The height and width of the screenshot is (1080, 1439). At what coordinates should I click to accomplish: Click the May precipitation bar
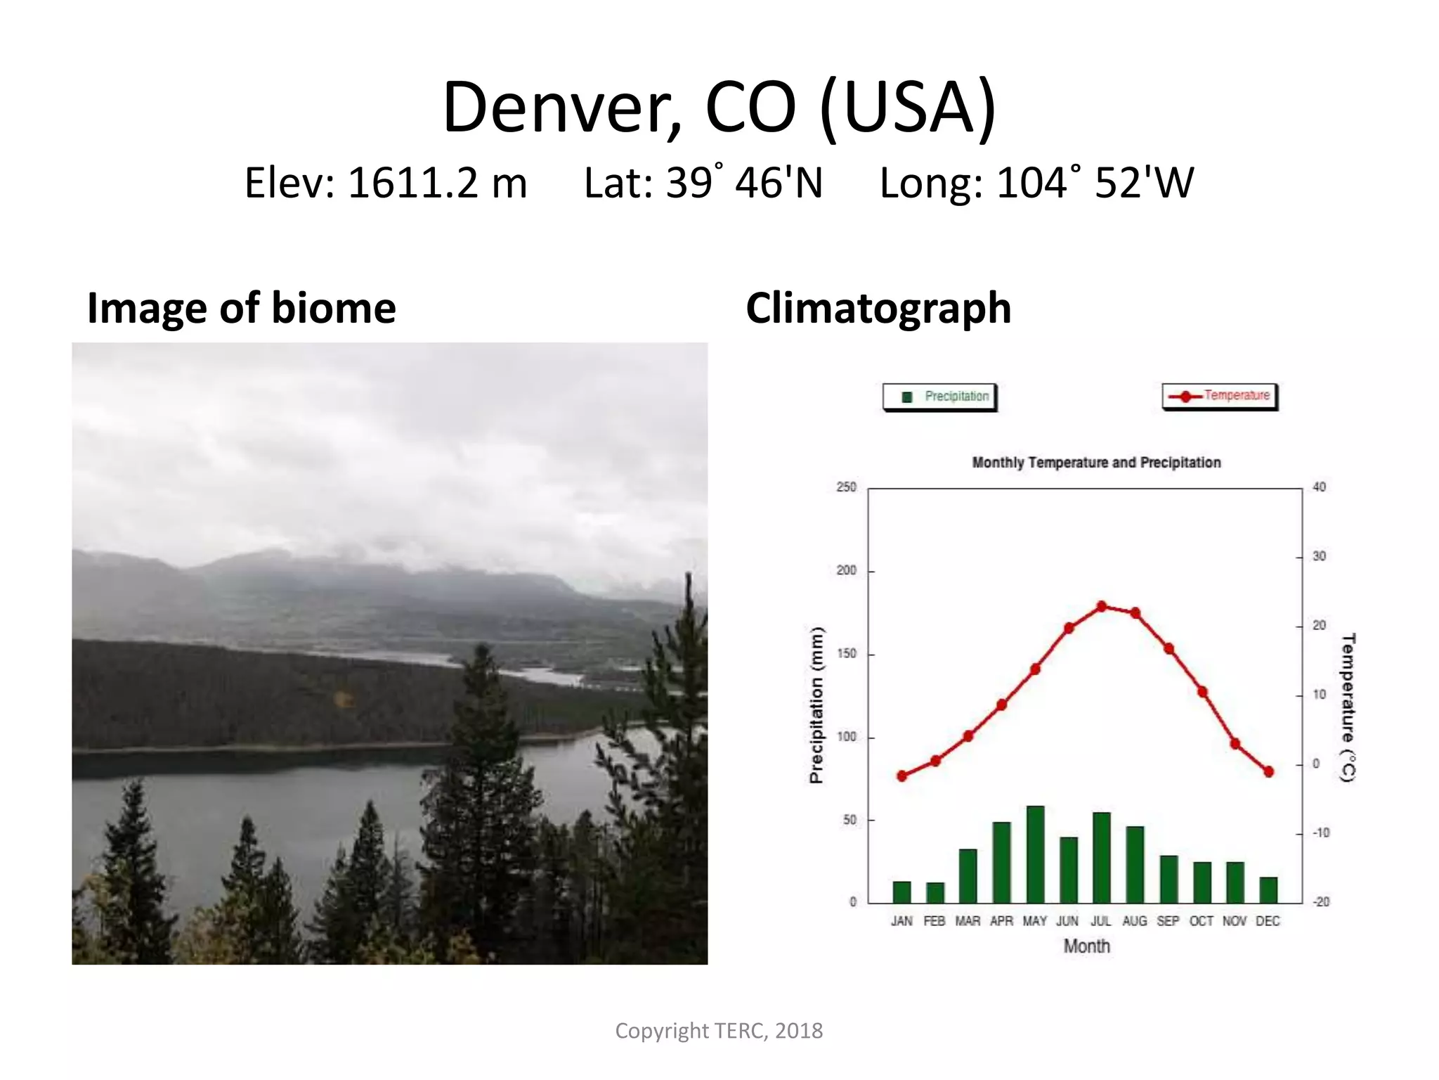pyautogui.click(x=1035, y=854)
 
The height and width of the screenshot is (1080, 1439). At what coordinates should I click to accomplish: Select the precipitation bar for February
pyautogui.click(x=935, y=892)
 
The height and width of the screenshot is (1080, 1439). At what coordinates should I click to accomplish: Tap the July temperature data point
pyautogui.click(x=1102, y=606)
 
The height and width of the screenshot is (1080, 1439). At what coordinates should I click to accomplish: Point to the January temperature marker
pyautogui.click(x=902, y=776)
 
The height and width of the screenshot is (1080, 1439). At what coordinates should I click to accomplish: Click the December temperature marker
pyautogui.click(x=1269, y=772)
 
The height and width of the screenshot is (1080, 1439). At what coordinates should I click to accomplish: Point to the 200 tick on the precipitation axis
pyautogui.click(x=847, y=570)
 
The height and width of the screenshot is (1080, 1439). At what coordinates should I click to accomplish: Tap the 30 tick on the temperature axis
pyautogui.click(x=1320, y=556)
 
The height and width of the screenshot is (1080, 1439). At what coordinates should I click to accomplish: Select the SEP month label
pyautogui.click(x=1168, y=921)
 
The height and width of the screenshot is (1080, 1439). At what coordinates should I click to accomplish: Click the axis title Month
pyautogui.click(x=1086, y=946)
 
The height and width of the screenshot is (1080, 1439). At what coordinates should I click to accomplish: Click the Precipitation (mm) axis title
pyautogui.click(x=816, y=705)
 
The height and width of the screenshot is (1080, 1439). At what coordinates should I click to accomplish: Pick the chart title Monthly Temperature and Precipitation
pyautogui.click(x=1096, y=463)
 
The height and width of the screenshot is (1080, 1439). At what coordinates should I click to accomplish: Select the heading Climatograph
pyautogui.click(x=878, y=308)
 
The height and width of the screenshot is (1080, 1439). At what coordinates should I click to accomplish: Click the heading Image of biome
pyautogui.click(x=242, y=308)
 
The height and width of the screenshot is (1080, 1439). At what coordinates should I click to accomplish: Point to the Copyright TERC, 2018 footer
pyautogui.click(x=719, y=1031)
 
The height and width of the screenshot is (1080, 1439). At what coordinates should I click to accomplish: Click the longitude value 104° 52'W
pyautogui.click(x=1095, y=183)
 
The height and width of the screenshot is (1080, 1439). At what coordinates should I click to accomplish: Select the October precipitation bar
pyautogui.click(x=1202, y=882)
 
